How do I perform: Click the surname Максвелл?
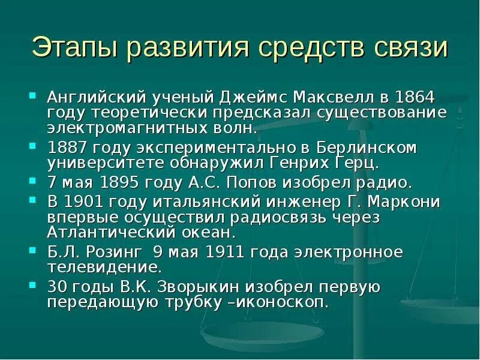pos(326,97)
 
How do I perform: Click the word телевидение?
pos(104,267)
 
